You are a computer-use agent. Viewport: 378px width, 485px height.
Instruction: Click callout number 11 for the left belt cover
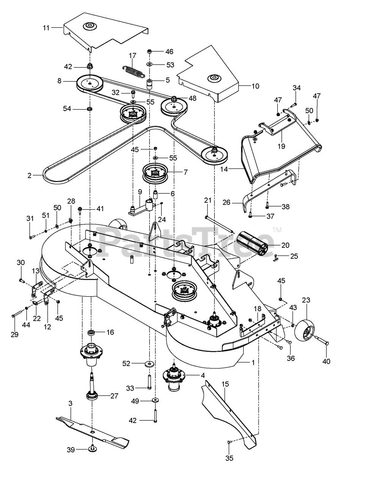point(46,27)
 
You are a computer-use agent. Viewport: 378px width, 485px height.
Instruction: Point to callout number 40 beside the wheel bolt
point(326,361)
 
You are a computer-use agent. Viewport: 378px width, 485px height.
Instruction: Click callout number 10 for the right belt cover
point(255,86)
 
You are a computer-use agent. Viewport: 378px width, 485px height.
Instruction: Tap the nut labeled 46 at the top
point(150,51)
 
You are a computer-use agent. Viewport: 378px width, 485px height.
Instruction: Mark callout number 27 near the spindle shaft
point(114,396)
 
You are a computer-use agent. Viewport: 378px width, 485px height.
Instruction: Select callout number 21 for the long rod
point(207,200)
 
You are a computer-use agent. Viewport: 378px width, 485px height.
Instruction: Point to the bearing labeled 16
point(91,333)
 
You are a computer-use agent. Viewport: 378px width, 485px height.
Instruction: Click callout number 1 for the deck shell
point(253,362)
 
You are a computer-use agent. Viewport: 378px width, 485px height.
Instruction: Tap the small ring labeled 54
point(90,109)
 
